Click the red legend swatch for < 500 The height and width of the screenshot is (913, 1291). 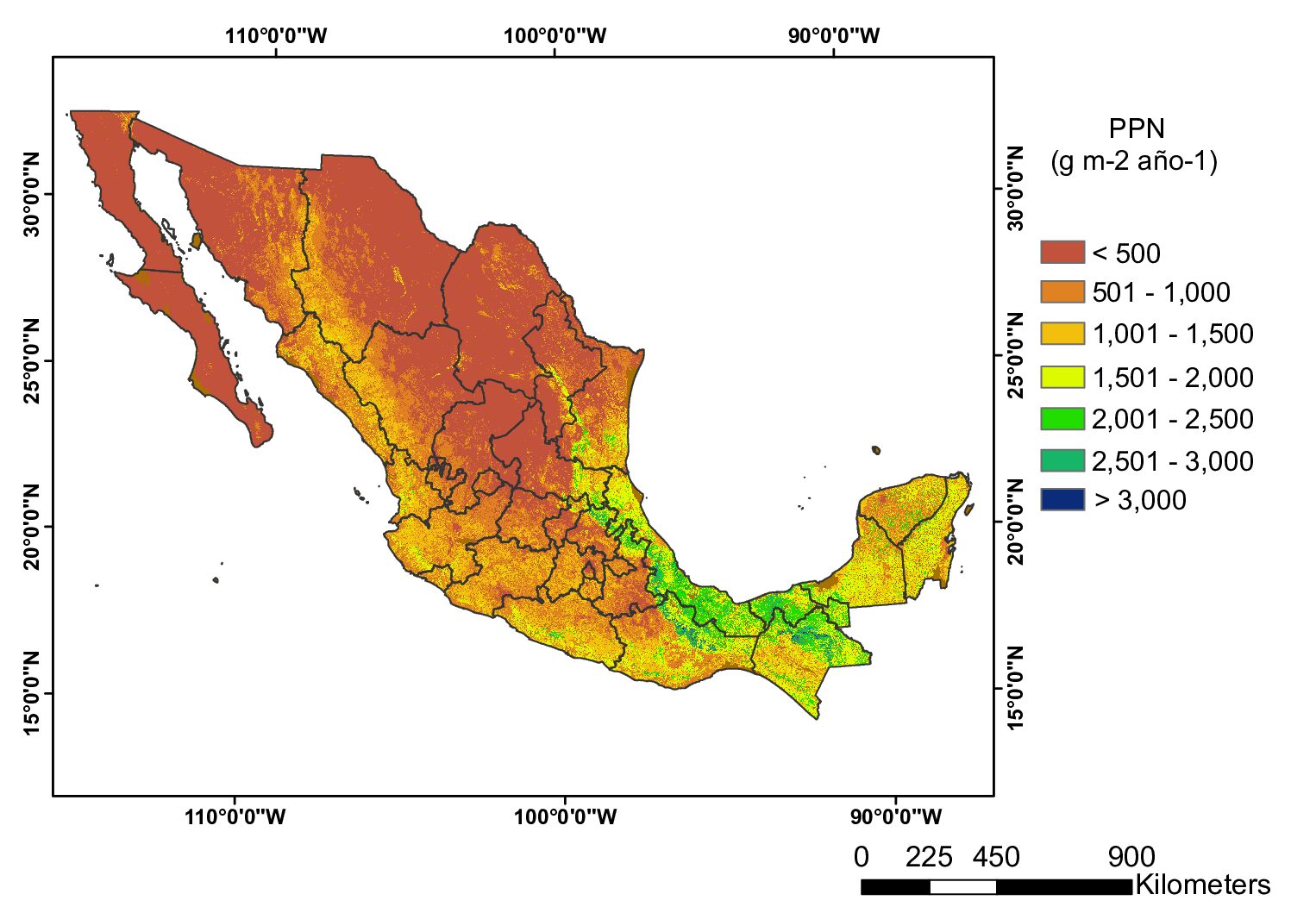coord(1062,252)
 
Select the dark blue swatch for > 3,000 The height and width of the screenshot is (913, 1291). coord(1062,499)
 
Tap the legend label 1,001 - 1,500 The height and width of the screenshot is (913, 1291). coord(1172,334)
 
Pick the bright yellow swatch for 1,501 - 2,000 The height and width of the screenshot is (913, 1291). coord(1062,377)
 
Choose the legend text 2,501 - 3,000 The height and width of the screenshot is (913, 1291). coord(1172,461)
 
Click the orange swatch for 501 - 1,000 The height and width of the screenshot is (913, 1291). coord(1062,291)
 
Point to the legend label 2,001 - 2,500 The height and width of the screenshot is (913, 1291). coord(1172,419)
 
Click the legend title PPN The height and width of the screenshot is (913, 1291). coord(1136,128)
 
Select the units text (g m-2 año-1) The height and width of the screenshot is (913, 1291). coord(1133,161)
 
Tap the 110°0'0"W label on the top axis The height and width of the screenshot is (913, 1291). coord(276,35)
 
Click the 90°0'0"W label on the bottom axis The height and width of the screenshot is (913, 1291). coord(896,816)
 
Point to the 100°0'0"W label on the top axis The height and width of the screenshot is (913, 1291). coord(555,35)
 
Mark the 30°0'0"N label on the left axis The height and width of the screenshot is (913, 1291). coord(31,194)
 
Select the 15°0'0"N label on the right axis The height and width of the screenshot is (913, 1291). coord(1016,688)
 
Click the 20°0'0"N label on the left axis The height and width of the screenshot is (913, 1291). coord(31,527)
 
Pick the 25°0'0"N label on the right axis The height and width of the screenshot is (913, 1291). coord(1016,355)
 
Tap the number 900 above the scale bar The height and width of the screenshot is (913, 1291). coord(1131,857)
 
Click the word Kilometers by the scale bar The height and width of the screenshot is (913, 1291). coord(1202,885)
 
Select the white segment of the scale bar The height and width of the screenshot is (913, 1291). coord(963,886)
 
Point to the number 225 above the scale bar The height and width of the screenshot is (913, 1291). coord(929,857)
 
